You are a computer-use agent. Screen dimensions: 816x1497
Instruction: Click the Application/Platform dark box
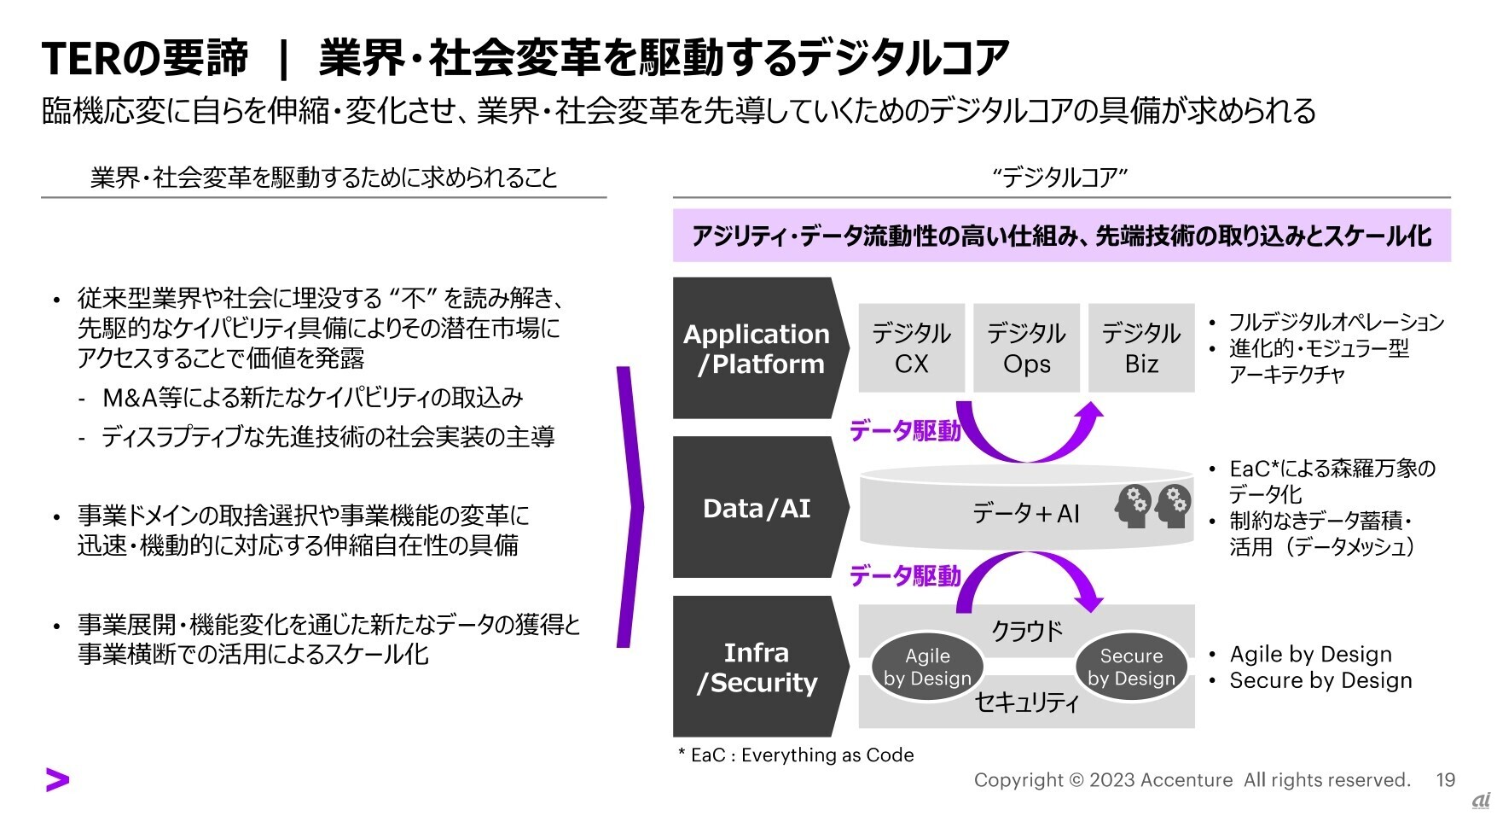tap(756, 348)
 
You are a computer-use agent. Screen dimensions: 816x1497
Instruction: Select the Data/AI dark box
tap(756, 508)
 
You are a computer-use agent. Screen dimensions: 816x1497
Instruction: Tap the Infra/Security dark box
tap(756, 667)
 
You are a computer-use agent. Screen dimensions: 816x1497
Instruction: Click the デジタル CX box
tap(911, 348)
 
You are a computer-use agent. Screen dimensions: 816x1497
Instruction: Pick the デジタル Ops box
tap(1026, 348)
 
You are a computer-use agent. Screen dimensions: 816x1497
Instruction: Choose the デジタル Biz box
tap(1141, 348)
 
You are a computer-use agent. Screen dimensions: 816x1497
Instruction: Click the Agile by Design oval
tap(927, 667)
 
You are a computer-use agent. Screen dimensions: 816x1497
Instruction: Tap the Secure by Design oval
tap(1131, 667)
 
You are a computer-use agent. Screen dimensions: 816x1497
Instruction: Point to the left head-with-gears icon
tap(1132, 506)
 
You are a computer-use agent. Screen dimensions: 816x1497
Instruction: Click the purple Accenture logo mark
tap(57, 779)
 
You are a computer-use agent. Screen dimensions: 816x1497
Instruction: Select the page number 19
tap(1445, 779)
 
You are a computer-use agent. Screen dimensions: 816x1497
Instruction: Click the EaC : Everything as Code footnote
tap(796, 755)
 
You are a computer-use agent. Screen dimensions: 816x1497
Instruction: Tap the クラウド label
tap(1026, 631)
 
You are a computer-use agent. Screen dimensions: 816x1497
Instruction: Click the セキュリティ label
tap(1026, 702)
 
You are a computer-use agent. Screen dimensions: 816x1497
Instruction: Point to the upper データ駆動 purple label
tap(905, 431)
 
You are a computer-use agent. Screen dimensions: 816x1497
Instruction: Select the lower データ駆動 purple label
tap(905, 577)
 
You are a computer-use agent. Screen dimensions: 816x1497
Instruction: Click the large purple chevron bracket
tap(630, 507)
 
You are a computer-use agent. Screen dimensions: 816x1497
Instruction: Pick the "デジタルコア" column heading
tap(1060, 178)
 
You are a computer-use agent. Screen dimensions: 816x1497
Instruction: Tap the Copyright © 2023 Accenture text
tap(1103, 779)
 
